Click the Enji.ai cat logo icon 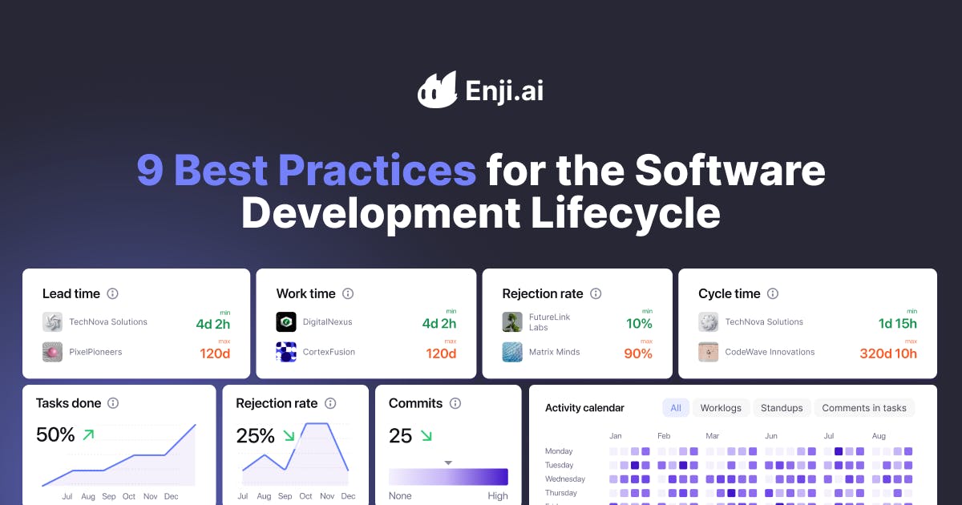tap(436, 90)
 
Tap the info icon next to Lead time tap(113, 293)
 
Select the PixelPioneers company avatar tap(53, 352)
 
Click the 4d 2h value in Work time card tap(439, 324)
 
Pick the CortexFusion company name tap(329, 352)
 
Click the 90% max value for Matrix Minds tap(638, 353)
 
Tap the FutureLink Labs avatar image tap(512, 322)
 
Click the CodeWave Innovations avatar tap(709, 352)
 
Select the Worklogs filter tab tap(721, 408)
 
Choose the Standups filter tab tap(782, 408)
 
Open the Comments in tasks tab tap(864, 408)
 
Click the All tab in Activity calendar tap(676, 408)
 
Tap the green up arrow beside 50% tap(88, 435)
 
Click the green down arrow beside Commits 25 tap(426, 436)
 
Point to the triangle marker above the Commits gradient tap(448, 463)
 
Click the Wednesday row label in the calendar tap(565, 479)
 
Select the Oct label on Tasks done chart tap(130, 497)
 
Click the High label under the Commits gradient tap(498, 496)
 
